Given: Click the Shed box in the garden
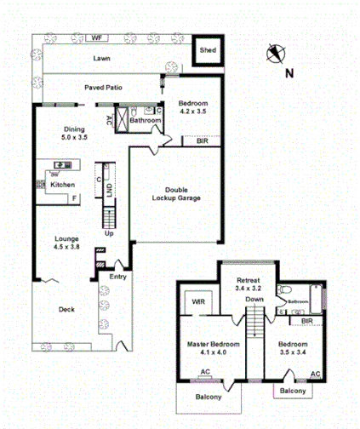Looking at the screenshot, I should tap(207, 51).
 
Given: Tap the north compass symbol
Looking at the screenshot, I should tap(274, 54).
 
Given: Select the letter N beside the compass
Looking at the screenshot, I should tap(289, 73).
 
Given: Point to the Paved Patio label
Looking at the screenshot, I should tap(106, 87).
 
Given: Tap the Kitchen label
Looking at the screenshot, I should tap(62, 185).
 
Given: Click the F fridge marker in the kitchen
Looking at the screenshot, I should tap(74, 198).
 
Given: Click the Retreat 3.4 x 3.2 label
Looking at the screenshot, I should tap(248, 284).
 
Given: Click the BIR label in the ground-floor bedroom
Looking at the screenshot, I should tap(202, 140).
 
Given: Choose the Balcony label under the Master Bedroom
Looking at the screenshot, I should tap(208, 398).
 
